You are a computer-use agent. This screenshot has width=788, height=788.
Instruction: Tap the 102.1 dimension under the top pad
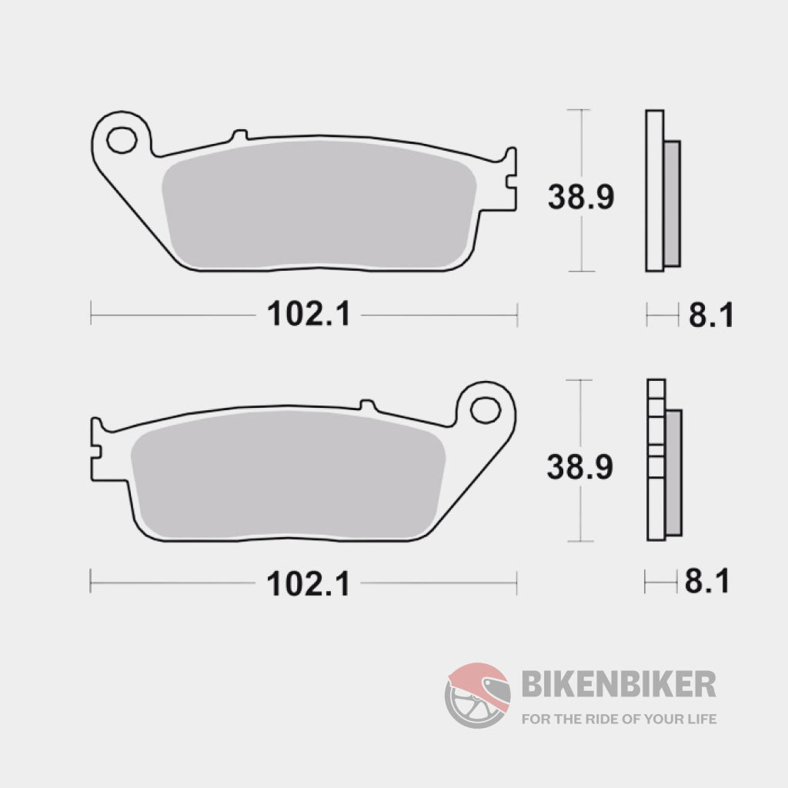[x=308, y=314]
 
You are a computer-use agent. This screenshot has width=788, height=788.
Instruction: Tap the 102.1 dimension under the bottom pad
[x=308, y=584]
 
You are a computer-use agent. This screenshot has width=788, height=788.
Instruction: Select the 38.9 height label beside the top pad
[x=580, y=197]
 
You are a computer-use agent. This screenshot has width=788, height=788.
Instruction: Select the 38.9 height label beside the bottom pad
[x=580, y=466]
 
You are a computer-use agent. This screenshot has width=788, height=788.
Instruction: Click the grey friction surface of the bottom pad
[x=289, y=477]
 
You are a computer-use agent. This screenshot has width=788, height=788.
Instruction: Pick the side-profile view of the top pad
[x=660, y=191]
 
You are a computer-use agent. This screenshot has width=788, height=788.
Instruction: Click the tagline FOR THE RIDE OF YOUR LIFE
[x=619, y=720]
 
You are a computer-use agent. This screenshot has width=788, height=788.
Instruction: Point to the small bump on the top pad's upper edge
[x=239, y=135]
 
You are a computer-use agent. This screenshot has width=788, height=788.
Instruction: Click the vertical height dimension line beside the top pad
[x=581, y=139]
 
